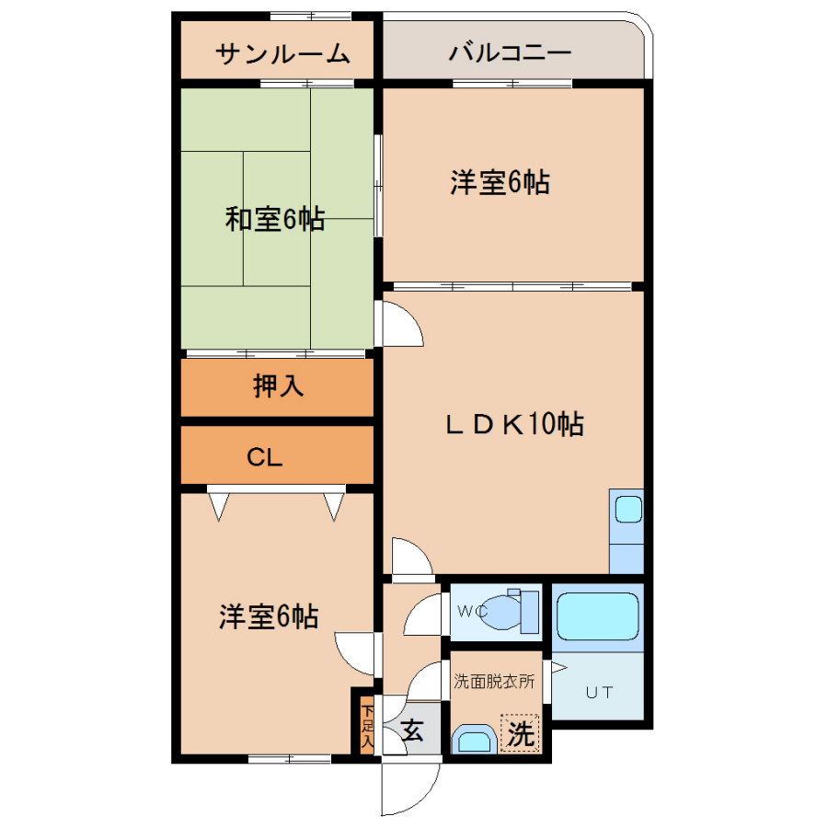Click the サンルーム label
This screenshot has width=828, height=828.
[x=282, y=54]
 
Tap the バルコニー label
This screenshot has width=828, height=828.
[x=510, y=52]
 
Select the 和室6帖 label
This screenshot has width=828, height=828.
[x=274, y=219]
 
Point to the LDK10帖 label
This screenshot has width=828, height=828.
[x=514, y=423]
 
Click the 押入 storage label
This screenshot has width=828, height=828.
[x=278, y=385]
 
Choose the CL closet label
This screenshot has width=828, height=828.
[x=265, y=457]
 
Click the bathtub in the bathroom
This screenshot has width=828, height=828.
[x=597, y=616]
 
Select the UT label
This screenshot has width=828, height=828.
[x=599, y=692]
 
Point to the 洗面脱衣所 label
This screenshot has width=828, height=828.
[x=494, y=681]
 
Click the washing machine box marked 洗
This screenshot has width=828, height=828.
[x=520, y=733]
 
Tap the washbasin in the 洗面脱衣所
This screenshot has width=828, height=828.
[x=475, y=739]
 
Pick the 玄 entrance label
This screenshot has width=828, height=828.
[x=412, y=730]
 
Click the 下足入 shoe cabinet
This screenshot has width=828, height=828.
[x=367, y=725]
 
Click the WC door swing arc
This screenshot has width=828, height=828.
[x=416, y=609]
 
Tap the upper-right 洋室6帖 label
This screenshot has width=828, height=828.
[x=500, y=182]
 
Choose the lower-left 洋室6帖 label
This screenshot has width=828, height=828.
[x=269, y=616]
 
